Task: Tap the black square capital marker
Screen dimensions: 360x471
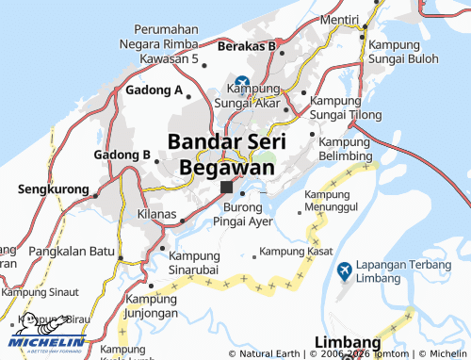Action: tap(226, 188)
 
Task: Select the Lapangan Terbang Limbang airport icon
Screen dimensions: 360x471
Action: tap(345, 270)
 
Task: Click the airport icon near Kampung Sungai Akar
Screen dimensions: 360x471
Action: tap(243, 82)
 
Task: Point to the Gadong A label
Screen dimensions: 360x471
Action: tap(154, 90)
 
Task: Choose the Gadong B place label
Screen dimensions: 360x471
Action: tap(122, 155)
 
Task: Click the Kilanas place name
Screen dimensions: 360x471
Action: tap(156, 215)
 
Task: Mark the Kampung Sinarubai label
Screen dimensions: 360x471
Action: tap(200, 258)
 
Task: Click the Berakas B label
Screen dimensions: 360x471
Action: tap(245, 45)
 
